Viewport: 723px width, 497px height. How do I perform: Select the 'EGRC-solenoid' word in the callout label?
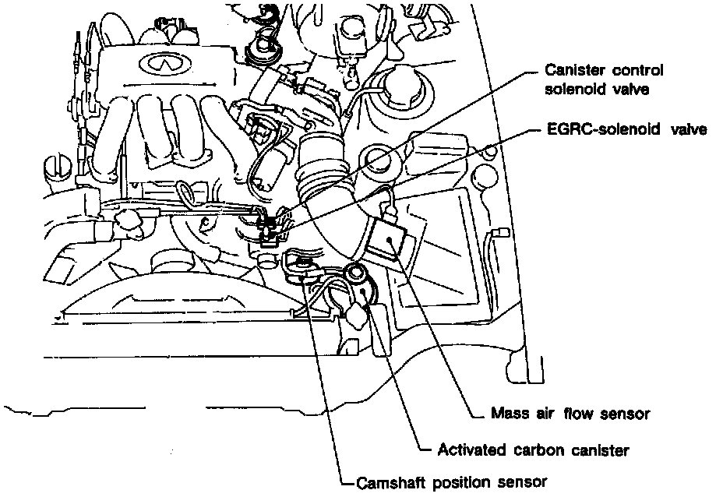click(x=591, y=129)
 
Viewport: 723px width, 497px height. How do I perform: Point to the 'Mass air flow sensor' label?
click(x=570, y=412)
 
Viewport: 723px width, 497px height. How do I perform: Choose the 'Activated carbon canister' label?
click(x=533, y=449)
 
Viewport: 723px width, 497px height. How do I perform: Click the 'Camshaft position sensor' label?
click(x=452, y=481)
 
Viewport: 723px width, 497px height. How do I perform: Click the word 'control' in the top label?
click(x=633, y=71)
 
